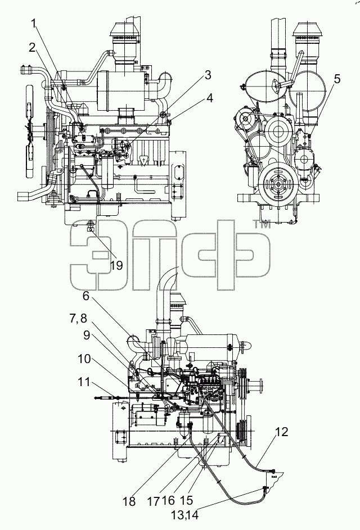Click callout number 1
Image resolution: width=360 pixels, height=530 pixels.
pos(34,24)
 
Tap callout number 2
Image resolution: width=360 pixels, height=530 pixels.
pos(32,48)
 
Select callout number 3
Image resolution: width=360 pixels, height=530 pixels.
pos(208,75)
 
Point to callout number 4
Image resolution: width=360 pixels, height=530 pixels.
pos(210,98)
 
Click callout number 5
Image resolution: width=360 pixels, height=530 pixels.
pos(336,79)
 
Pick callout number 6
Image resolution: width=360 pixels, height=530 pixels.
pos(86,296)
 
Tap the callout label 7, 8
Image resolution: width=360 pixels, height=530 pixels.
pos(79,319)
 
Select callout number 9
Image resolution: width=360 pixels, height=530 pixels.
pos(87,336)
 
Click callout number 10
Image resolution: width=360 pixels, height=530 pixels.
pos(84,359)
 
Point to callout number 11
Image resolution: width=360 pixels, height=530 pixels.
pos(84,382)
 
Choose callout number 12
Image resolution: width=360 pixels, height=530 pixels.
pos(281,432)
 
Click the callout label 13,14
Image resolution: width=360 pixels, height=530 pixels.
pos(184,515)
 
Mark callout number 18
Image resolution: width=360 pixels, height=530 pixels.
pos(129,501)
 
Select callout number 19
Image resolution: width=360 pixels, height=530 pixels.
pos(116,265)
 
